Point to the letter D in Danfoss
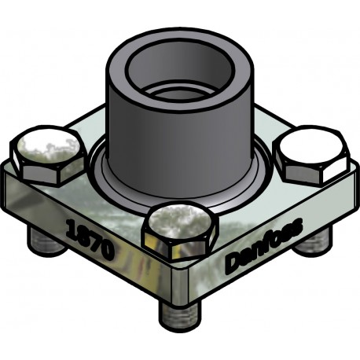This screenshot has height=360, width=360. click(x=233, y=263)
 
